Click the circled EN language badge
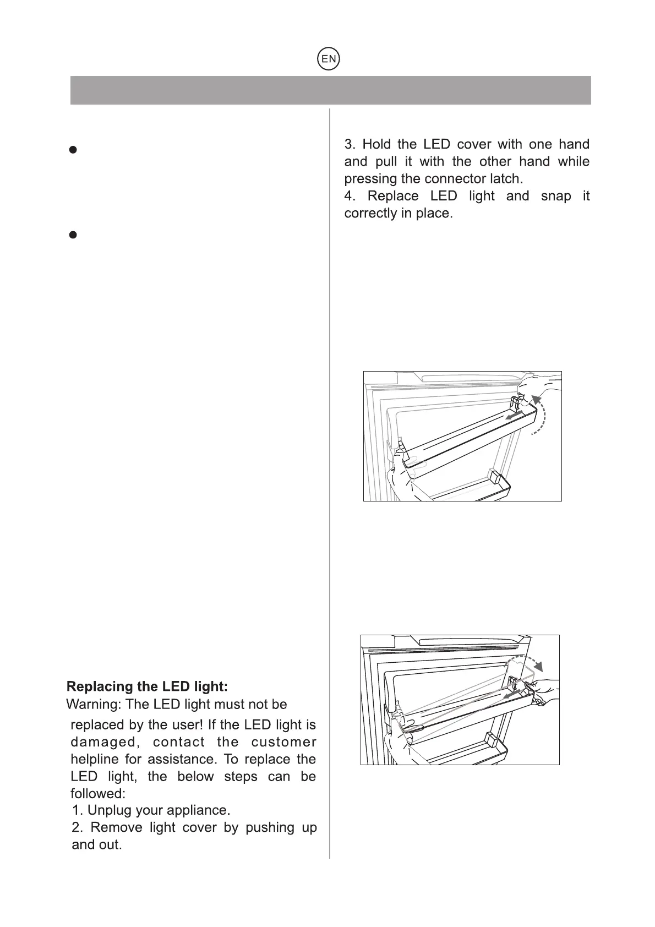[329, 59]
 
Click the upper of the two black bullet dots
[72, 150]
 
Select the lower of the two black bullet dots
[72, 235]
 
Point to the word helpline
[95, 759]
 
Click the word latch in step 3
[506, 179]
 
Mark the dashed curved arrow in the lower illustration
[527, 662]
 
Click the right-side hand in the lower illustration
[543, 690]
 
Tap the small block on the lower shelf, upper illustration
[494, 476]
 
